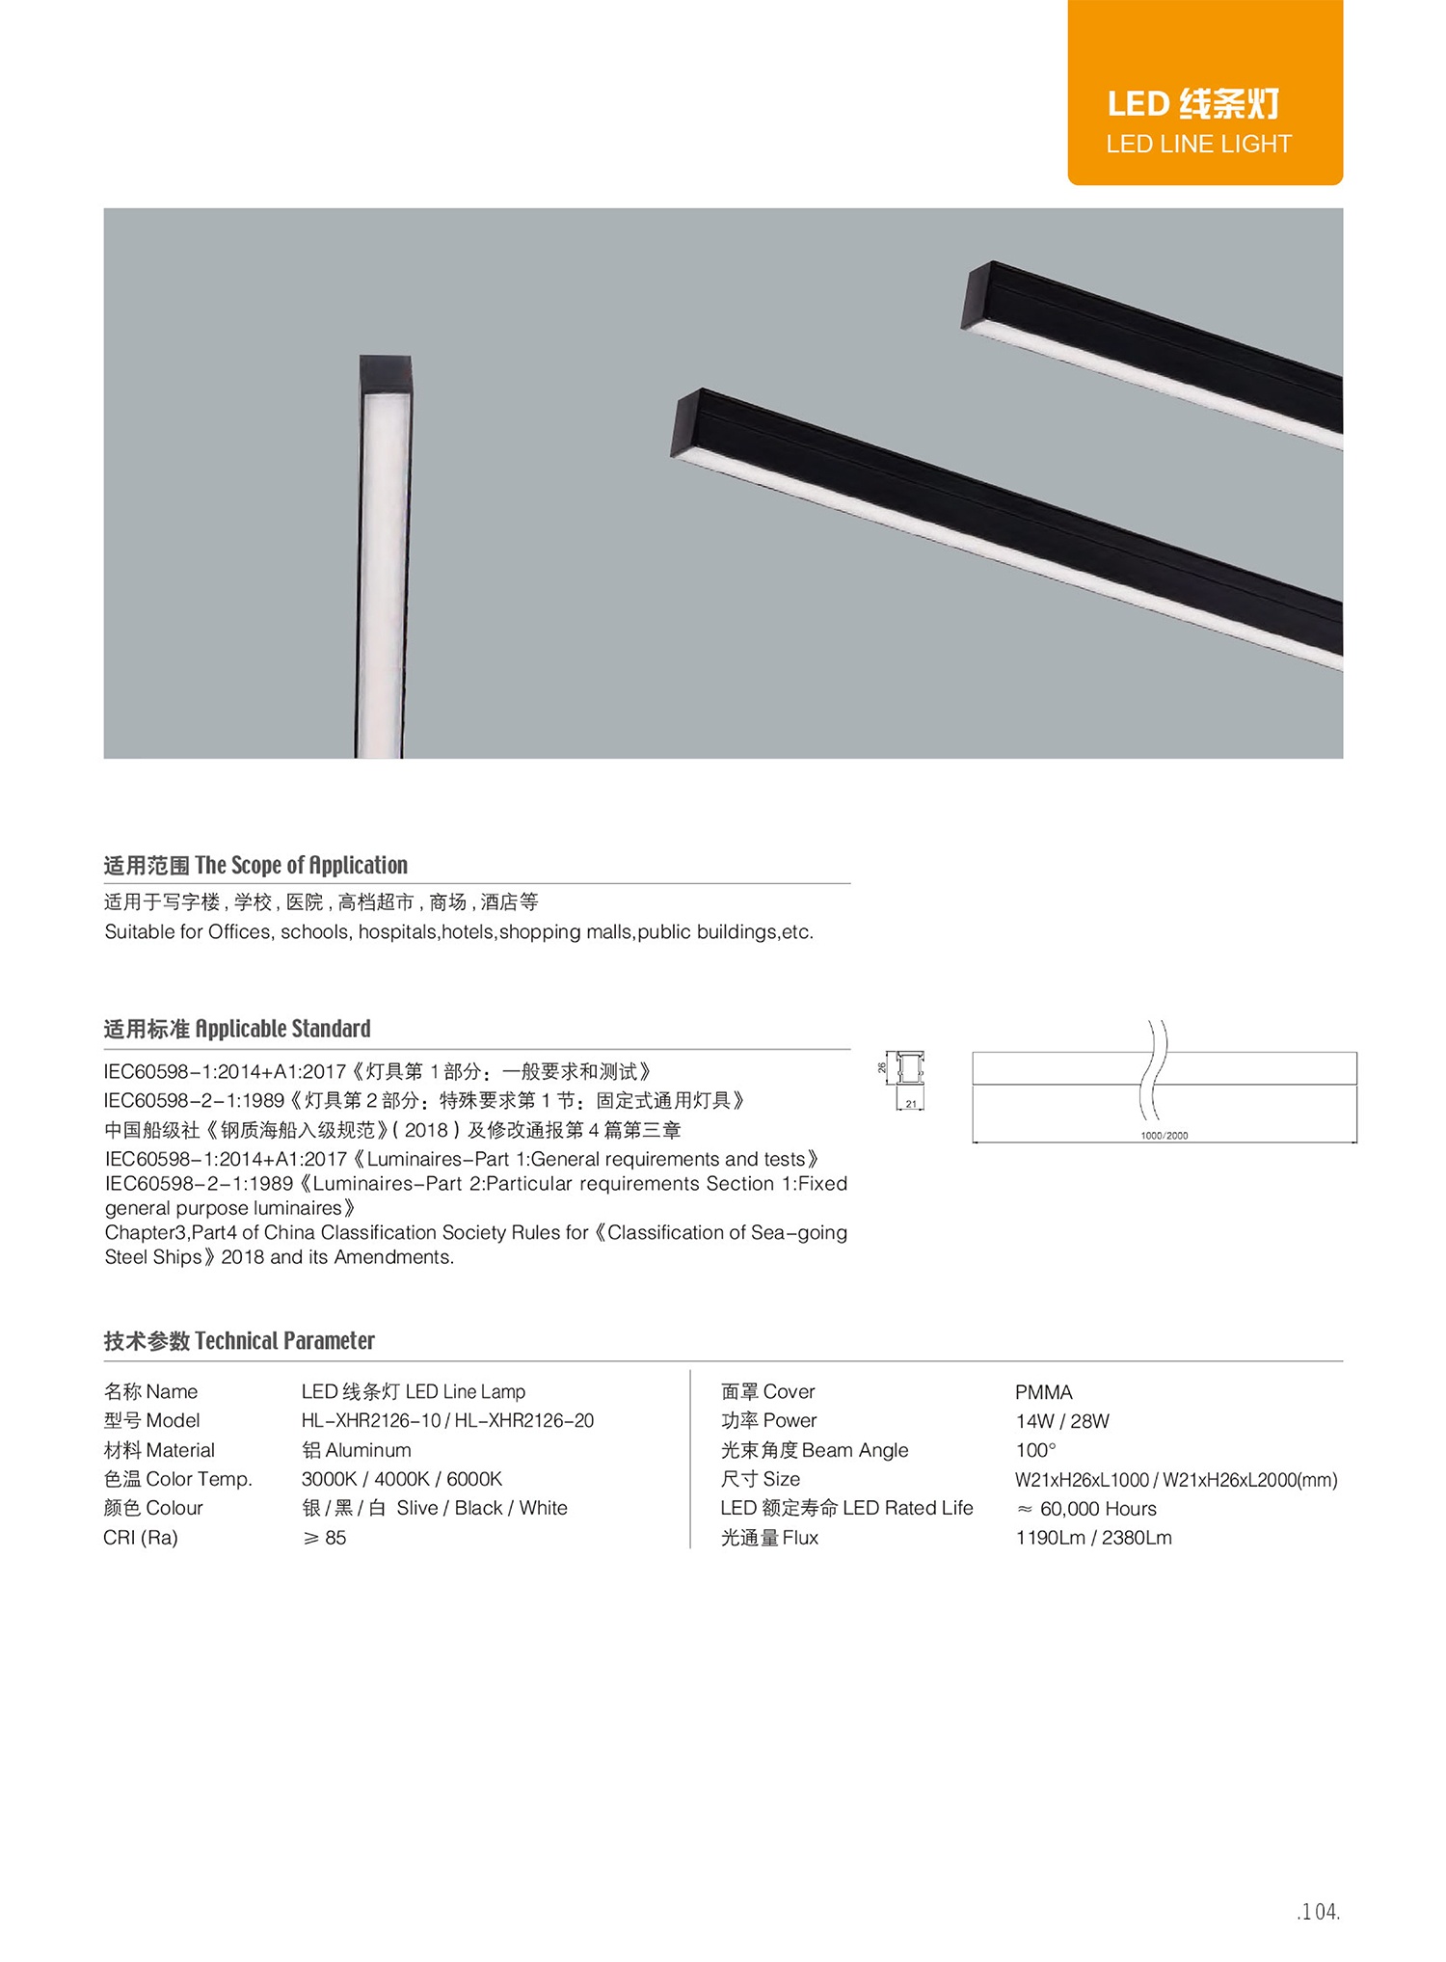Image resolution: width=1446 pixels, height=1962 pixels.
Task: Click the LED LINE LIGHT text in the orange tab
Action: (1198, 145)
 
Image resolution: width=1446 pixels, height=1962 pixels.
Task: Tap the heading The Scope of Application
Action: (301, 865)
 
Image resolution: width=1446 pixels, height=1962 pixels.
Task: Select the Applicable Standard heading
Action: (282, 1029)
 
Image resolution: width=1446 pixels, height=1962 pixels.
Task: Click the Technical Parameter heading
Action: (284, 1341)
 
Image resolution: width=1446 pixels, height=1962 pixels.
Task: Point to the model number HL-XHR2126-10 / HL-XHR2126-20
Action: (447, 1421)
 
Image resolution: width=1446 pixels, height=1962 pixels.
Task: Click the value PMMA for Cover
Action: (1043, 1392)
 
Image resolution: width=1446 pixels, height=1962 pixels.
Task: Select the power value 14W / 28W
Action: (1062, 1421)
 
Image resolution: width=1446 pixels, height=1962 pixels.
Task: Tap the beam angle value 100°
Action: (1035, 1450)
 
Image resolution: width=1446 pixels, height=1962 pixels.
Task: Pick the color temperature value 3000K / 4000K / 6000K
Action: (401, 1479)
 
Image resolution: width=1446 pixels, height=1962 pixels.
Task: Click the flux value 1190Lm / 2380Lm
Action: (1093, 1538)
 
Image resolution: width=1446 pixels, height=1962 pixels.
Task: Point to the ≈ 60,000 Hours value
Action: (1086, 1509)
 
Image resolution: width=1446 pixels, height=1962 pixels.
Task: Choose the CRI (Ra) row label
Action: (141, 1538)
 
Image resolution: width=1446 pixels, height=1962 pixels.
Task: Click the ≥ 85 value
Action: (325, 1538)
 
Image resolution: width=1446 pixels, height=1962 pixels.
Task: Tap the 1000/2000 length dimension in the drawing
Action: (1164, 1136)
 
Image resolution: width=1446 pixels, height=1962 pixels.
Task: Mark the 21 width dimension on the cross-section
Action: (911, 1105)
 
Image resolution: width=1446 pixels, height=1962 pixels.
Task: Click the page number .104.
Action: (1318, 1912)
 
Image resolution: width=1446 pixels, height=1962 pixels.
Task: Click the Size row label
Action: (761, 1479)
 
